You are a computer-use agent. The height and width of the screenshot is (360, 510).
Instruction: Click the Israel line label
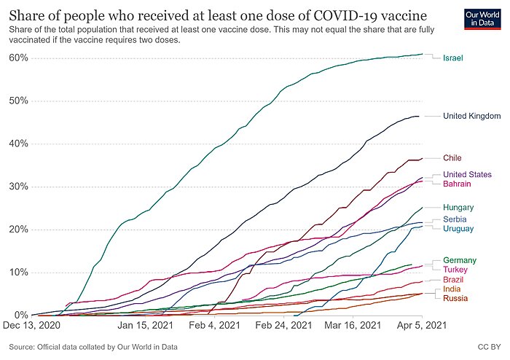coord(453,58)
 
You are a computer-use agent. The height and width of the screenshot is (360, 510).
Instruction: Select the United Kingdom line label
coord(471,116)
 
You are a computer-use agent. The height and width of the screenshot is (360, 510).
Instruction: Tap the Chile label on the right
coord(452,157)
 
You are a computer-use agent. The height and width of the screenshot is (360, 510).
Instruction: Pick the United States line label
coord(468,174)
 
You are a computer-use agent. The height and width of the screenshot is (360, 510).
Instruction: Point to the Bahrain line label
coord(457,184)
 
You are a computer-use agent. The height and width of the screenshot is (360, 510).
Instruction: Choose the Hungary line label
coord(458,208)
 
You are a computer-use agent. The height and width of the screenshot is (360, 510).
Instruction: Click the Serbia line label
coord(455,219)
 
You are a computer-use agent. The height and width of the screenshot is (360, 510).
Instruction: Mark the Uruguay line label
coord(458,230)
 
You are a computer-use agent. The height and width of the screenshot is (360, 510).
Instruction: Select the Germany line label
coord(460,260)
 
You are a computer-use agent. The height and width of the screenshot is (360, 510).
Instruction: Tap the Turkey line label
coord(455,270)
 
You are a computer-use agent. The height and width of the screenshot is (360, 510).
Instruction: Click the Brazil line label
coord(453,280)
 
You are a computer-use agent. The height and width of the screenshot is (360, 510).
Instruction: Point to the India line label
coord(452,289)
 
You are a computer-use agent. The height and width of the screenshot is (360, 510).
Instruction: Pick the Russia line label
coord(455,298)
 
